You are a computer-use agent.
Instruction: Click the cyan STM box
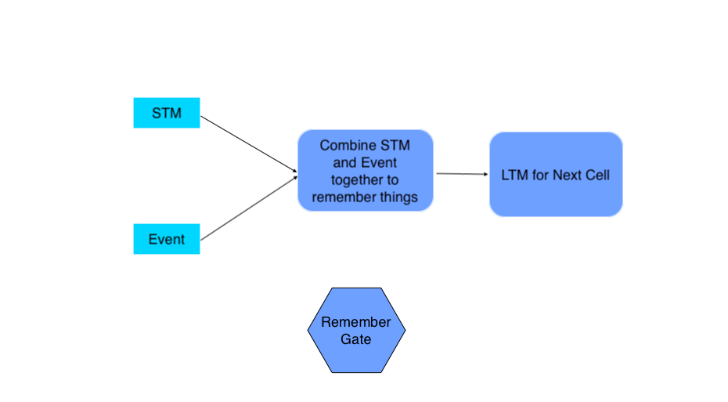[x=167, y=113]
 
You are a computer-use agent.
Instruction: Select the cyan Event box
[x=167, y=239]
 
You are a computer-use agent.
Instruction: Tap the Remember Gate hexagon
[x=356, y=331]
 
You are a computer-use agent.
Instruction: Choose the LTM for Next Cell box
[x=556, y=174]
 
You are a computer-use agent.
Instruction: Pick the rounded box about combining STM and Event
[x=365, y=171]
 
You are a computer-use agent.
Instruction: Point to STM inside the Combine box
[x=395, y=146]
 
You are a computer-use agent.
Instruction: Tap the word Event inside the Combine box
[x=379, y=163]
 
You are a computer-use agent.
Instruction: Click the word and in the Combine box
[x=345, y=163]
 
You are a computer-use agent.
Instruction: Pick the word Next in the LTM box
[x=568, y=175]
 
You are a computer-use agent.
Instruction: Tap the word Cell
[x=597, y=175]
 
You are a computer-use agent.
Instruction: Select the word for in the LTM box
[x=541, y=175]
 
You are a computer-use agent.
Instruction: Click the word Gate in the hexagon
[x=356, y=339]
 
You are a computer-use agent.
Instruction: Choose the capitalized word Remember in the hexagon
[x=356, y=322]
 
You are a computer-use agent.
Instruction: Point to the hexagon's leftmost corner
[x=310, y=331]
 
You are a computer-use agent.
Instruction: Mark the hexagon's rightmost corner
[x=404, y=331]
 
